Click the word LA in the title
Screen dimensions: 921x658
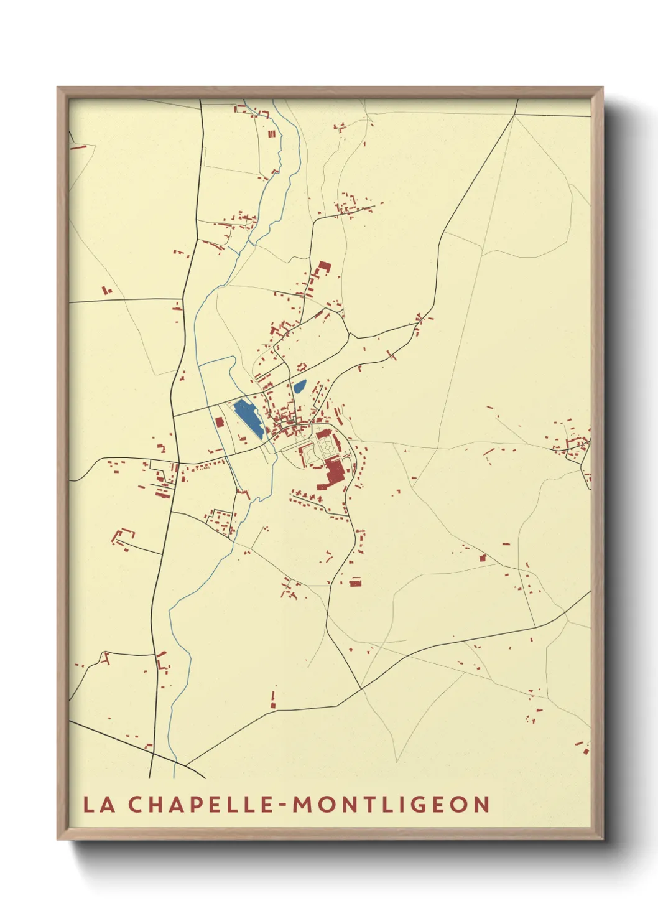99,805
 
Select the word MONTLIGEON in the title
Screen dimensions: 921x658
391,805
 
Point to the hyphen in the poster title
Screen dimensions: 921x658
282,805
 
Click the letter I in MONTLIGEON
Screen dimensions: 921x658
404,805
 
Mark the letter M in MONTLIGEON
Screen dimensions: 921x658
304,805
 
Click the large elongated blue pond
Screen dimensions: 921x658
248,418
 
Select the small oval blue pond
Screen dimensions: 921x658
300,386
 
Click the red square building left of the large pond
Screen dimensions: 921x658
219,422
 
